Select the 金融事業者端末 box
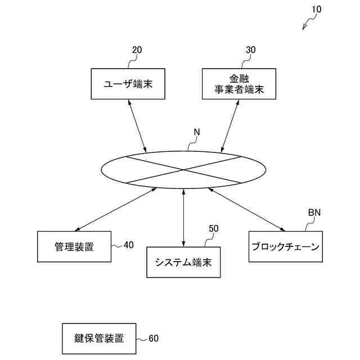pyautogui.click(x=239, y=84)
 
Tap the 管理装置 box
pyautogui.click(x=74, y=246)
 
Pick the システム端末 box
pyautogui.click(x=183, y=262)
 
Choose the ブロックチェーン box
pyautogui.click(x=286, y=246)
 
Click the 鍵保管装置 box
pyautogui.click(x=99, y=339)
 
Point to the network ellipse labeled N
pyautogui.click(x=183, y=169)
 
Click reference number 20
pyautogui.click(x=137, y=50)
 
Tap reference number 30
pyautogui.click(x=251, y=50)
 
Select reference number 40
pyautogui.click(x=129, y=245)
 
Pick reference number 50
pyautogui.click(x=214, y=228)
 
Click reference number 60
pyautogui.click(x=154, y=339)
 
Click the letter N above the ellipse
pyautogui.click(x=197, y=133)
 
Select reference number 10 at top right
pyautogui.click(x=316, y=10)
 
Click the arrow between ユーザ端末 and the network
pyautogui.click(x=137, y=127)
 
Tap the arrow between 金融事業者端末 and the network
pyautogui.click(x=231, y=127)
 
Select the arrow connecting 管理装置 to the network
pyautogui.click(x=115, y=209)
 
